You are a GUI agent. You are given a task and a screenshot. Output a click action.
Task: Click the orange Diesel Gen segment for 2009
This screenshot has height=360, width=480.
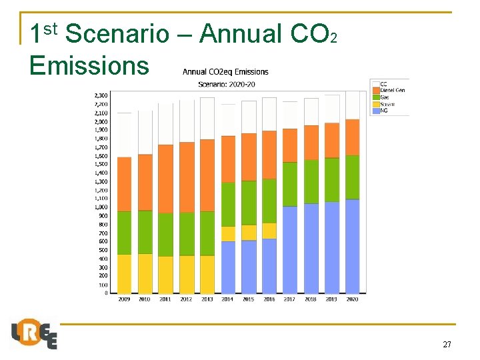click(x=124, y=184)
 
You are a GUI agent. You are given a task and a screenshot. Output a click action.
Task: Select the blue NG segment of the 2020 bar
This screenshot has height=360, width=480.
click(x=353, y=246)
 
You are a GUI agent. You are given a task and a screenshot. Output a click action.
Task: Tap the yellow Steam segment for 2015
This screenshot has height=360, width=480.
click(x=249, y=232)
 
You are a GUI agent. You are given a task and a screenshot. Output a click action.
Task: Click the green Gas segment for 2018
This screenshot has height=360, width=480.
click(x=311, y=181)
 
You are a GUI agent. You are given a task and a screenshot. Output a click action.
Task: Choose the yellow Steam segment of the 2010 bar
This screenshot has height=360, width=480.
click(x=145, y=273)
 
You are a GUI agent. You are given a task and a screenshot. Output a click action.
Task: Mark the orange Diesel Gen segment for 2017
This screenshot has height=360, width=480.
click(x=290, y=145)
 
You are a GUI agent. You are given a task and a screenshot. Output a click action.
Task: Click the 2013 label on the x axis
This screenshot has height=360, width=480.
click(x=207, y=299)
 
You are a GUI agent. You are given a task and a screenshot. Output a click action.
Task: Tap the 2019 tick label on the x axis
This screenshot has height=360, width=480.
click(x=331, y=299)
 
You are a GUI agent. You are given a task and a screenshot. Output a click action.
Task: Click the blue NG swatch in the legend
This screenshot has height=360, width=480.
click(x=375, y=111)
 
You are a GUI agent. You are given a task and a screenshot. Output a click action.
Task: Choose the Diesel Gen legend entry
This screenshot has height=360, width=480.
click(x=392, y=91)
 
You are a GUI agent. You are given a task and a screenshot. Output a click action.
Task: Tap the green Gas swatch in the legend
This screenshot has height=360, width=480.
click(x=375, y=97)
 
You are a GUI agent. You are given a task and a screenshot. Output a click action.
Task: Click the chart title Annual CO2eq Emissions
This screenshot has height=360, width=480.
click(x=225, y=72)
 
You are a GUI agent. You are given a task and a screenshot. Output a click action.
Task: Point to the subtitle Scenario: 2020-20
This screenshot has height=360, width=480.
click(x=225, y=83)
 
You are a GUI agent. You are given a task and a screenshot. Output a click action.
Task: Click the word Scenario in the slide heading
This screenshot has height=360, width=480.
click(x=118, y=33)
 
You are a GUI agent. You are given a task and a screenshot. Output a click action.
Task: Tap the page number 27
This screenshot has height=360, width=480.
click(x=447, y=345)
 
